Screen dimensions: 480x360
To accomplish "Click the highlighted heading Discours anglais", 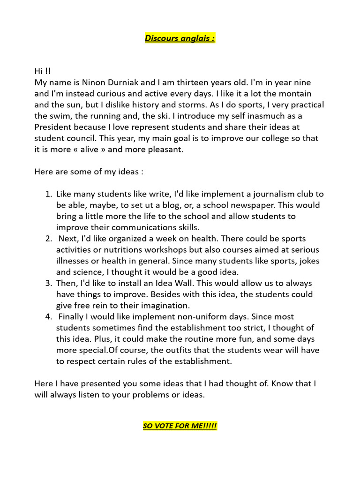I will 180,38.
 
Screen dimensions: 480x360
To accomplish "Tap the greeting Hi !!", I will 43,71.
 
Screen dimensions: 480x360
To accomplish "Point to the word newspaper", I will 251,205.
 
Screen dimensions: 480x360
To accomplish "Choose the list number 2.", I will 48,239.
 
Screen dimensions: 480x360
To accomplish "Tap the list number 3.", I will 48,283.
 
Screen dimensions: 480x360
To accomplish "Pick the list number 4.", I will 48,317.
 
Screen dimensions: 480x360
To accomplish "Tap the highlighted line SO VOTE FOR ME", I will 180,426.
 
